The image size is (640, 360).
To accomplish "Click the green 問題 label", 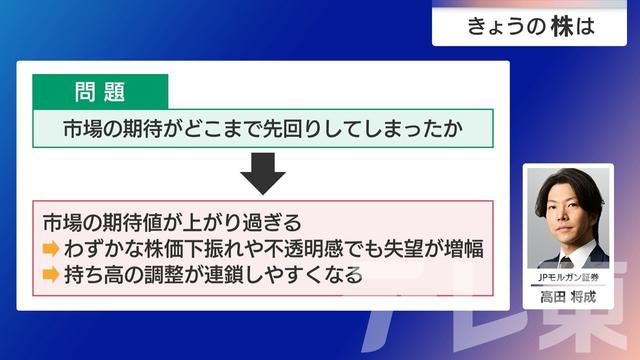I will (100, 92).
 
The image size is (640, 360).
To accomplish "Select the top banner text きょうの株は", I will (530, 28).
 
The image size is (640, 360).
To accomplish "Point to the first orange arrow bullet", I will (51, 249).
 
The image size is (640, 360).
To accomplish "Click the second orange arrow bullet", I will (51, 273).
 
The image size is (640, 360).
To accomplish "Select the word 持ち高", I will (94, 273).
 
